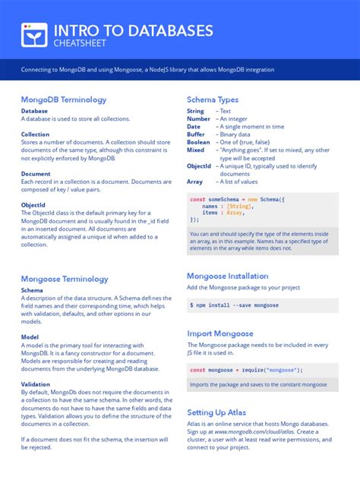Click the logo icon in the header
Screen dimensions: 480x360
pos(30,35)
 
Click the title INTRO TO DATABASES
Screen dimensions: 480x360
pos(133,30)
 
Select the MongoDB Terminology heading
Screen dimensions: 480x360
pos(64,99)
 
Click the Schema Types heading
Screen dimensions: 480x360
pos(213,99)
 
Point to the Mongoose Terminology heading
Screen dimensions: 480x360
pos(65,279)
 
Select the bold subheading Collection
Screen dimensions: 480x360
pos(35,134)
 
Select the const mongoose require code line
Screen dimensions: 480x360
pos(246,370)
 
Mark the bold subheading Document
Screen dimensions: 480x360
pos(36,173)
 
